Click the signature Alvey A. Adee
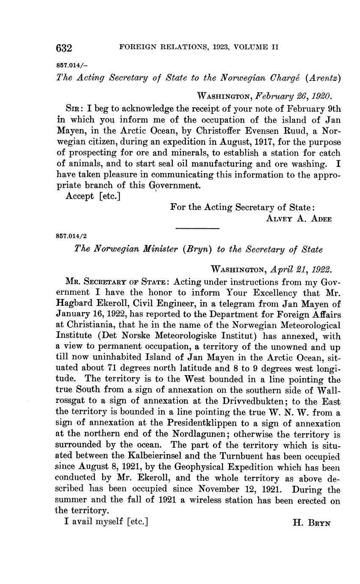tap(299, 219)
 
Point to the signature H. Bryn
tap(311, 523)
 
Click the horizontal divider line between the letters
tap(197, 229)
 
